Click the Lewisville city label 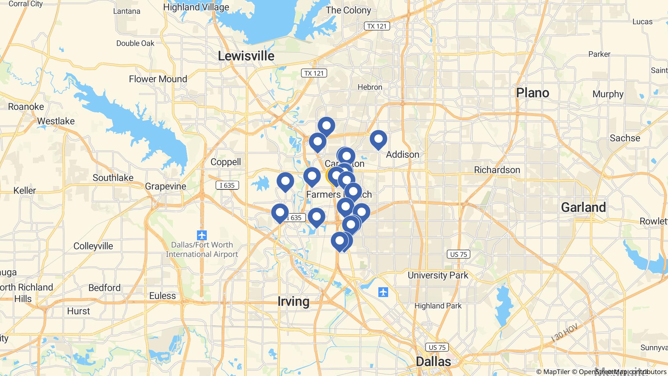tap(246, 56)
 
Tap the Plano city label tap(532, 93)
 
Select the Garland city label tap(583, 207)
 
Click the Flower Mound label tap(158, 79)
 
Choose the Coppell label tap(226, 162)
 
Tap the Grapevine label tap(165, 186)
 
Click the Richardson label tap(497, 170)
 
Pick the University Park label tap(438, 275)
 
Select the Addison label tap(402, 154)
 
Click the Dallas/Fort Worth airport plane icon tap(202, 235)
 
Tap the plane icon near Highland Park tap(383, 292)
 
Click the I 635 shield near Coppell tap(227, 185)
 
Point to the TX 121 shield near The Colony tap(377, 26)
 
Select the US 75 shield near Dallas tap(437, 347)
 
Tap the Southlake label tap(113, 178)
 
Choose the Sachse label tap(625, 138)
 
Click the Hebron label tap(370, 87)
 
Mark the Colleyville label tap(93, 246)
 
